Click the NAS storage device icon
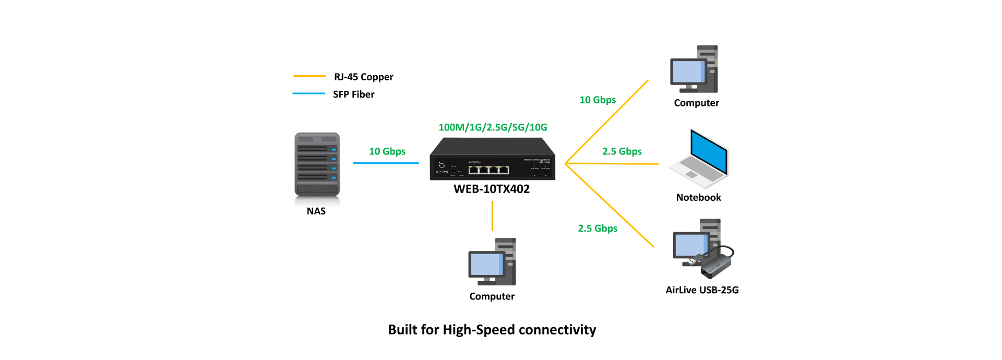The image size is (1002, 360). [317, 165]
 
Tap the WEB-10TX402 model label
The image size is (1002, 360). [492, 189]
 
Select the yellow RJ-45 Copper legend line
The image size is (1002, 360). [309, 76]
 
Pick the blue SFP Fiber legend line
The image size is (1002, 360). [309, 94]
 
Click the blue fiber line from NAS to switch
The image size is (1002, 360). [386, 163]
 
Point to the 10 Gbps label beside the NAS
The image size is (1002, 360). [387, 151]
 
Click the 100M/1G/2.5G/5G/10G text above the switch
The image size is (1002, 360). [493, 127]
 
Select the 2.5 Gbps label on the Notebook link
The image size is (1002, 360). [622, 151]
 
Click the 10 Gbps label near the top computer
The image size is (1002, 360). [598, 100]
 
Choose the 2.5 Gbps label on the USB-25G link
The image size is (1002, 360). [598, 229]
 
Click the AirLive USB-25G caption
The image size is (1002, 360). [702, 290]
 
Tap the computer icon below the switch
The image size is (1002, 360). [492, 262]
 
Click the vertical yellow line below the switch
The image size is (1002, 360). [492, 215]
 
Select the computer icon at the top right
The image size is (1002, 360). [695, 69]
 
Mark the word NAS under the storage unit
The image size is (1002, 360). [316, 211]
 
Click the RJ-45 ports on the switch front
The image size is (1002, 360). [488, 170]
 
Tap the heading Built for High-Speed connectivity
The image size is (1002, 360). [492, 330]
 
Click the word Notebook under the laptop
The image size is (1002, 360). [698, 198]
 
